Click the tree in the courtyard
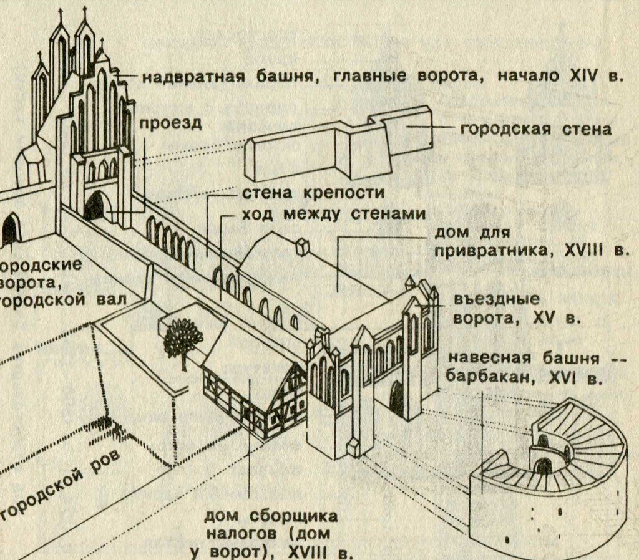pyautogui.click(x=183, y=340)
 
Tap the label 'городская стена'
pyautogui.click(x=535, y=130)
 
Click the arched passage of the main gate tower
pyautogui.click(x=95, y=206)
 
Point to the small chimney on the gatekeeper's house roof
pyautogui.click(x=303, y=246)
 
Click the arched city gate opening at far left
pyautogui.click(x=11, y=230)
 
